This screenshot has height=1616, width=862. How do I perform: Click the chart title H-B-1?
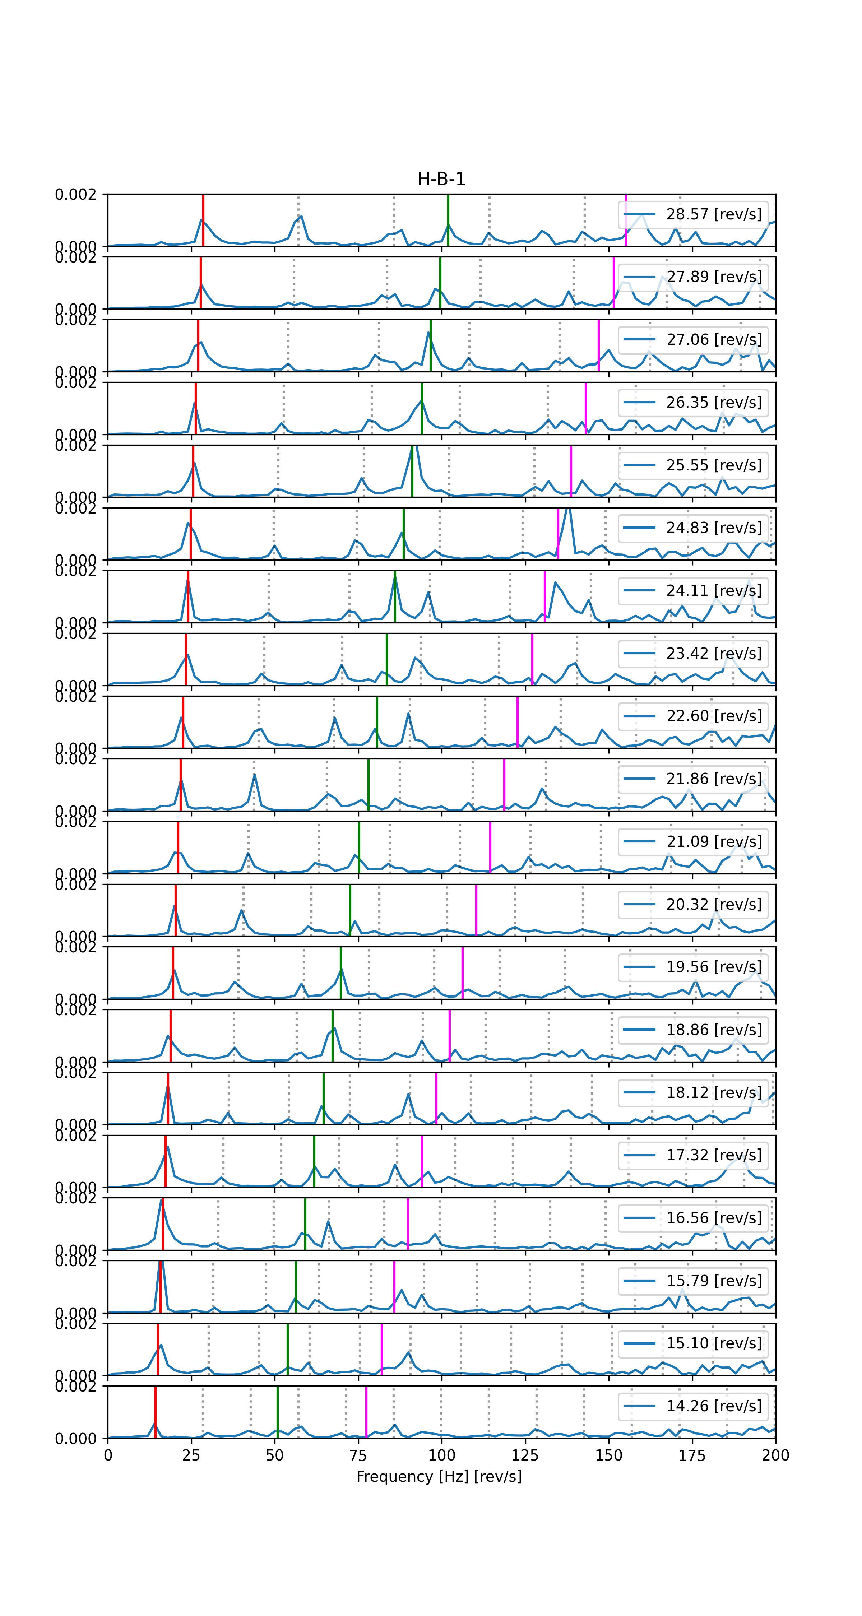point(441,180)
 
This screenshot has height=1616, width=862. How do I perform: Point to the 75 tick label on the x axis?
point(358,1455)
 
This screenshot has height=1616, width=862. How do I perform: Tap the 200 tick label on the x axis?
point(775,1455)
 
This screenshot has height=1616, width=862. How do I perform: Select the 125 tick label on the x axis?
point(525,1455)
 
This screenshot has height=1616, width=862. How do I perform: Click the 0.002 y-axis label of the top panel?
point(75,195)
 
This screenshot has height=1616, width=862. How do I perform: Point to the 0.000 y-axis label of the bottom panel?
point(75,1439)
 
